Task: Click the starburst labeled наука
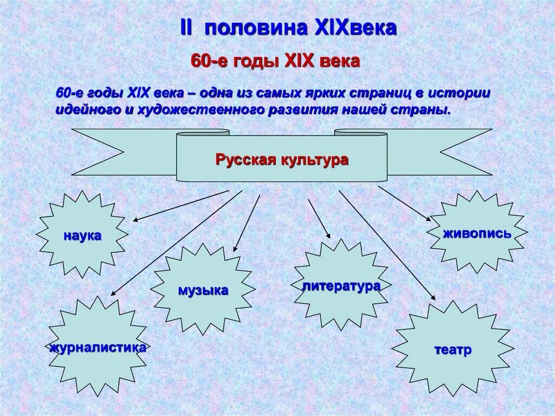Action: point(83,235)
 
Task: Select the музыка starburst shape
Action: point(203,290)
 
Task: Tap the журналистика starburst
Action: point(98,347)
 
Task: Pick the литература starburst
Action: point(341,285)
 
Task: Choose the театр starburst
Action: point(453,349)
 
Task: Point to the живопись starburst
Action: point(476,233)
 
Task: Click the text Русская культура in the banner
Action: point(282,160)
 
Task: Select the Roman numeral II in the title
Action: point(186,29)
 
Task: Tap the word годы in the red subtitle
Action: point(255,61)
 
